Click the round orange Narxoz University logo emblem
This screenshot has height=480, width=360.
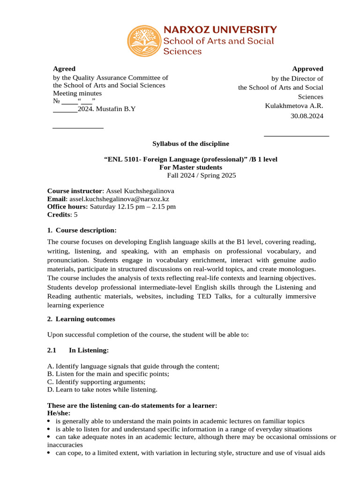[x=144, y=41]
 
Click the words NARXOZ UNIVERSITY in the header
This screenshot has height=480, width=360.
[x=219, y=30]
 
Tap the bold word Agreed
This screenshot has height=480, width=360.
[x=64, y=68]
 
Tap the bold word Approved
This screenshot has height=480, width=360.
[x=307, y=68]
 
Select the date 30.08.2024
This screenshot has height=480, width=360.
[x=307, y=116]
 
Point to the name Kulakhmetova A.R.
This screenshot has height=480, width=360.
[x=294, y=106]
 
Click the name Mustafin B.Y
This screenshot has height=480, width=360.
[x=116, y=109]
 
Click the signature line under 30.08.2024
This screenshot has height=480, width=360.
[x=296, y=136]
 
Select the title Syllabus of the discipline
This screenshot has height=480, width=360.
[x=191, y=143]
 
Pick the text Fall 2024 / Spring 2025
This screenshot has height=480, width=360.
[x=202, y=175]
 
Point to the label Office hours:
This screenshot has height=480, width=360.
[x=67, y=207]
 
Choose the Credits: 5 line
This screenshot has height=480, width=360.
[x=62, y=214]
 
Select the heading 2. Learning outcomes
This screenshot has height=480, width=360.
[x=81, y=319]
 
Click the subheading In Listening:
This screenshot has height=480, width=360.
[x=89, y=350]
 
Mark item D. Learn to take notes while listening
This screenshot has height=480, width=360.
[x=102, y=389]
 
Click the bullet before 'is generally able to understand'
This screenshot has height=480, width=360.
[x=50, y=421]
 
